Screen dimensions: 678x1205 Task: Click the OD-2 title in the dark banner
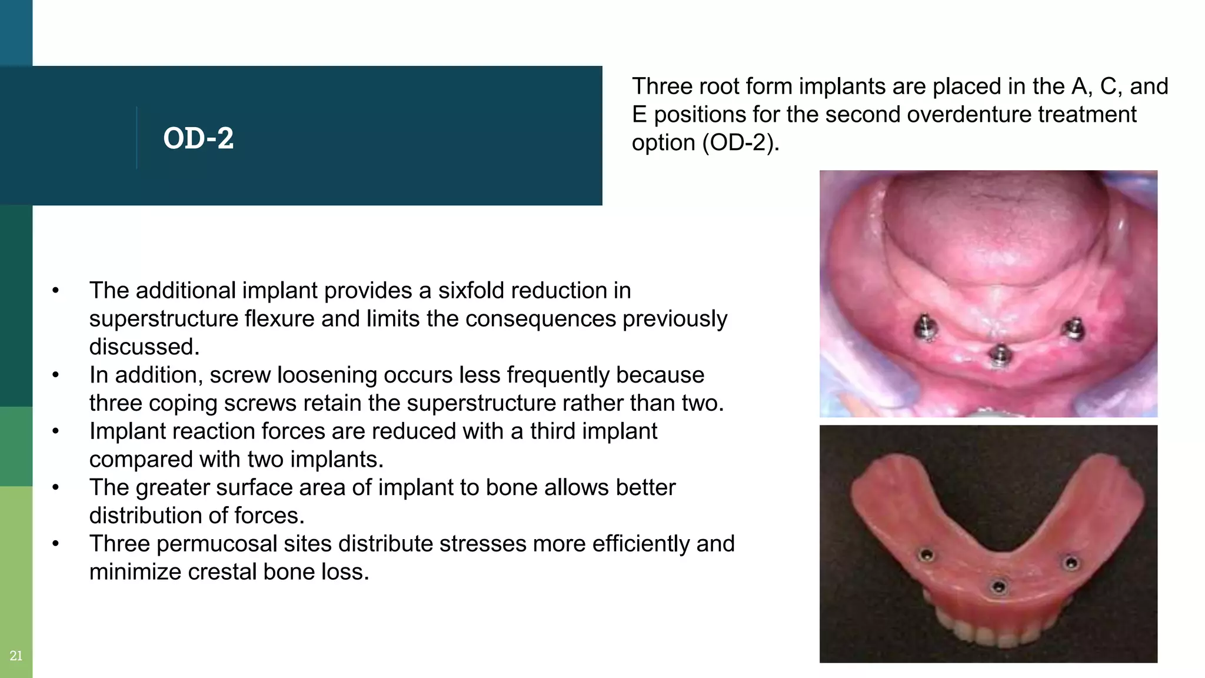point(198,138)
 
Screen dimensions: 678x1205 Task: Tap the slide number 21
point(16,656)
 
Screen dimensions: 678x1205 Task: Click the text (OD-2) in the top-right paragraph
point(741,143)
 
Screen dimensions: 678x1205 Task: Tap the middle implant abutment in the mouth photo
point(998,355)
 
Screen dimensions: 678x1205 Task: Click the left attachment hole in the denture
point(926,555)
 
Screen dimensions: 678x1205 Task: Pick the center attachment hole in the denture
point(998,586)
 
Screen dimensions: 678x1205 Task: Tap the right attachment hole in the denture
point(1071,563)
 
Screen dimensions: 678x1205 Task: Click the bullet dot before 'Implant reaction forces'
point(55,431)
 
